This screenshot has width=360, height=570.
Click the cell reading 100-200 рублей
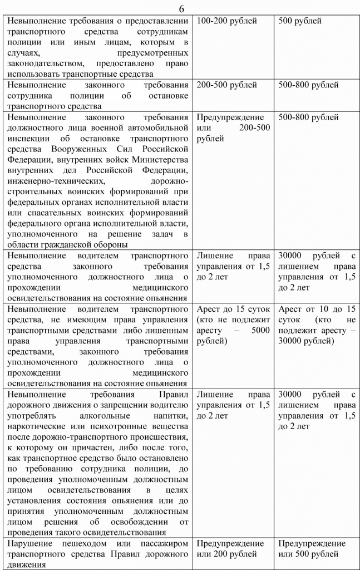tap(227, 21)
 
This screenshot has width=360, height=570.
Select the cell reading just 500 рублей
tap(300, 21)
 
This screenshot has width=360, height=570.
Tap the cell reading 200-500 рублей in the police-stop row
tap(227, 85)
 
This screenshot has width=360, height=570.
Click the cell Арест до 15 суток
tap(234, 309)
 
